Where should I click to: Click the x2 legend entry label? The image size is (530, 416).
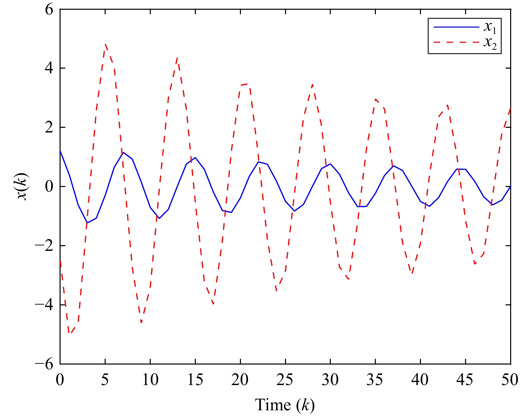(x=490, y=43)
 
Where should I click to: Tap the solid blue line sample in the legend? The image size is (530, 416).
(x=456, y=27)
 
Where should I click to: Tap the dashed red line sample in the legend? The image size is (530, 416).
(x=456, y=42)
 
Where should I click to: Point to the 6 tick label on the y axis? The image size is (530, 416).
(x=49, y=9)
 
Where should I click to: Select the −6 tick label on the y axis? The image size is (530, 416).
(x=44, y=364)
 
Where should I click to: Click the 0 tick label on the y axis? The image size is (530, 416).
(x=49, y=187)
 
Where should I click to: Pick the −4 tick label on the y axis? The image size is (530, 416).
(x=44, y=305)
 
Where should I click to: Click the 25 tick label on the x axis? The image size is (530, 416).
(x=285, y=380)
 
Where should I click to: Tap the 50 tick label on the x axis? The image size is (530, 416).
(x=510, y=380)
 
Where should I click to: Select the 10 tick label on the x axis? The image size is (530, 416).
(x=150, y=380)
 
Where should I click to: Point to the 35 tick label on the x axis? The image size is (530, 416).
(x=375, y=380)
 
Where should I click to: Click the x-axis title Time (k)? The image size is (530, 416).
(x=285, y=405)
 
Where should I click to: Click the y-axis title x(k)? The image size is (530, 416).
(x=23, y=187)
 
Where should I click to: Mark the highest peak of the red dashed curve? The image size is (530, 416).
(x=105, y=44)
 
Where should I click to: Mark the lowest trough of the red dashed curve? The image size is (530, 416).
(x=69, y=333)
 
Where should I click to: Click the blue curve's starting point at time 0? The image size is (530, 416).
(x=60, y=151)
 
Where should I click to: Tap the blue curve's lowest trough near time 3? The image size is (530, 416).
(x=87, y=223)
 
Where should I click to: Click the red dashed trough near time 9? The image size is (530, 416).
(x=141, y=322)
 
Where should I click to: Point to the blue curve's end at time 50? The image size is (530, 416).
(x=510, y=186)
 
